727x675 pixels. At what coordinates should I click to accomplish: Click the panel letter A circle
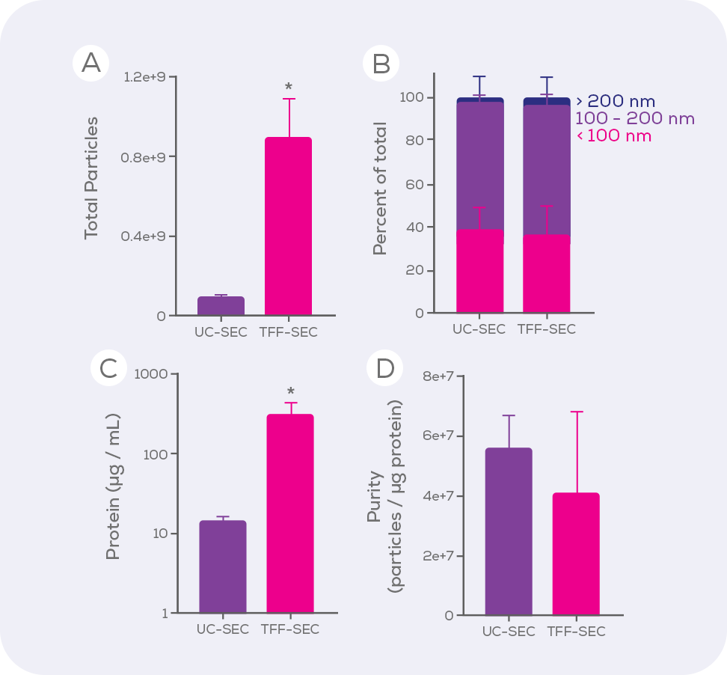[x=91, y=63]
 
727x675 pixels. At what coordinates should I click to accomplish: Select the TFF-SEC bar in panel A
[x=288, y=226]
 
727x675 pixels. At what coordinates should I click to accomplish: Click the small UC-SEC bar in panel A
[x=221, y=305]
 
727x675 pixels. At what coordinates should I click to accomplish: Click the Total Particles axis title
[x=91, y=177]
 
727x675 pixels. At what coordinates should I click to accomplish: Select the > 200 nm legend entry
[x=616, y=101]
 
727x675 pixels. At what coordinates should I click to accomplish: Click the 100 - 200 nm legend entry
[x=634, y=118]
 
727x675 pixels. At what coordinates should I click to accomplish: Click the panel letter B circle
[x=381, y=63]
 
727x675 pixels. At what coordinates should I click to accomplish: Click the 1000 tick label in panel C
[x=153, y=374]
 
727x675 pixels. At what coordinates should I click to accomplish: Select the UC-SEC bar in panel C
[x=223, y=566]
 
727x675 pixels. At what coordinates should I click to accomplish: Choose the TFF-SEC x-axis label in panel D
[x=576, y=632]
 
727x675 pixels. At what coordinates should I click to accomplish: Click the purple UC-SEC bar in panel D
[x=509, y=531]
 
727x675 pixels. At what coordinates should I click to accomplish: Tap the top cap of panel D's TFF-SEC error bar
[x=576, y=412]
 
